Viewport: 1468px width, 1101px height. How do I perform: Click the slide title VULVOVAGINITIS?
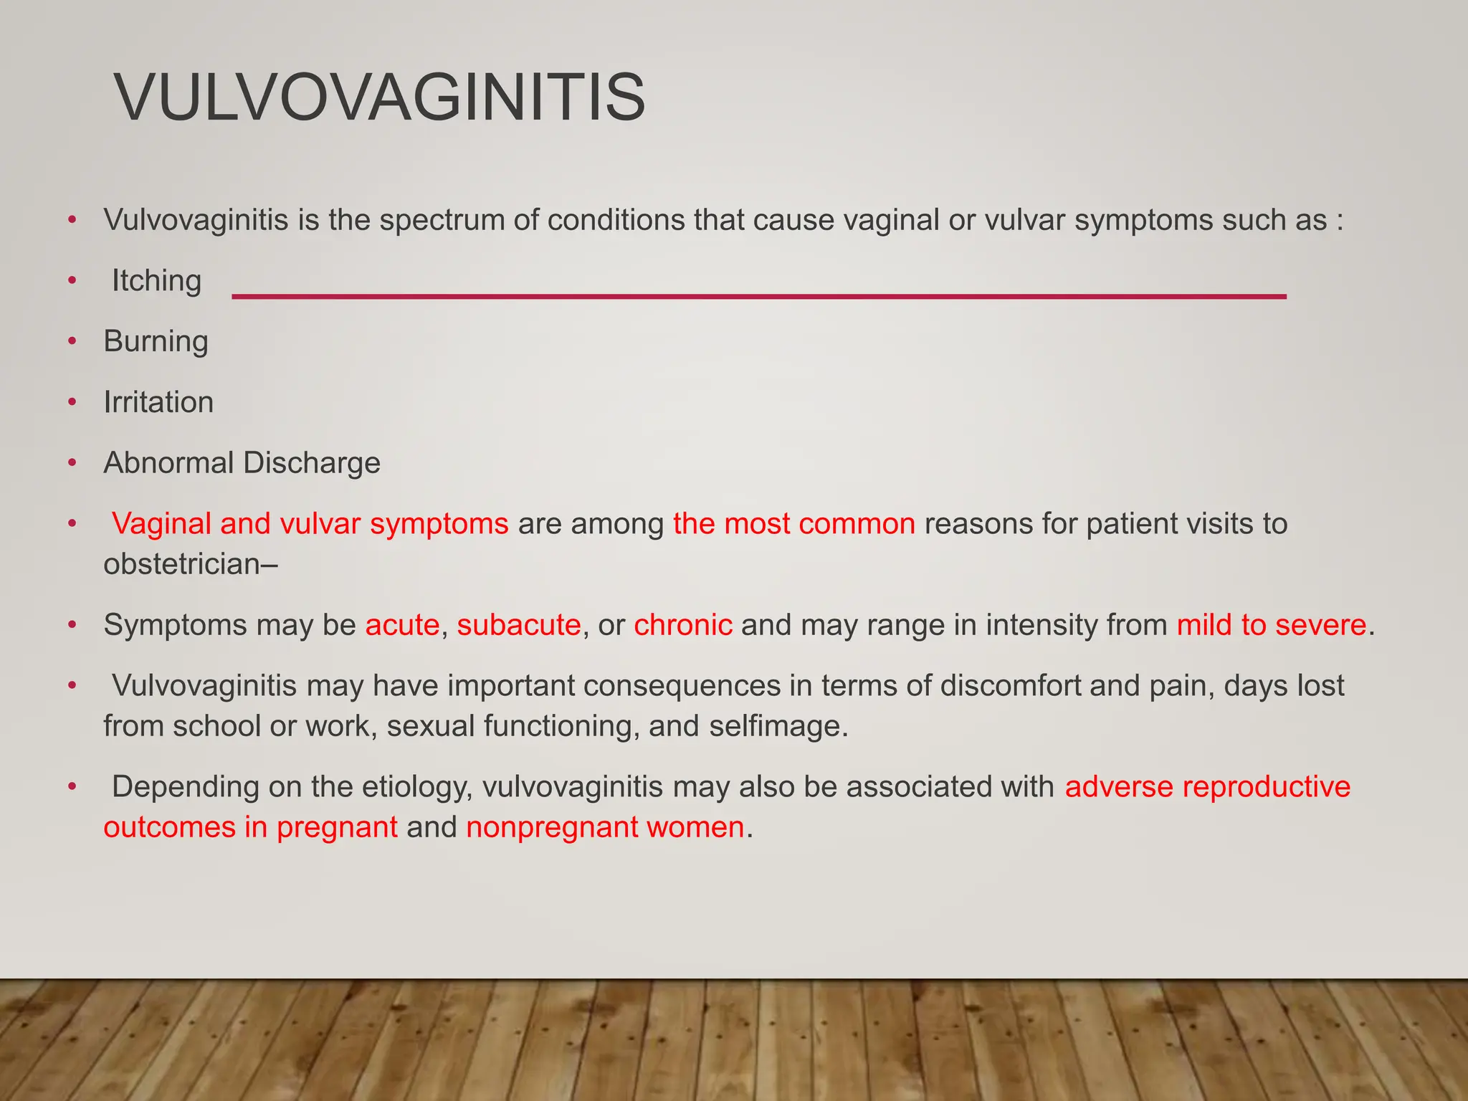tap(380, 97)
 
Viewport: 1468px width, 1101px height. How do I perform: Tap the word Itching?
tap(156, 281)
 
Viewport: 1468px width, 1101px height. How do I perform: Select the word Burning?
tap(156, 342)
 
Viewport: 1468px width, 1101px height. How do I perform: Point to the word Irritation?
tap(158, 402)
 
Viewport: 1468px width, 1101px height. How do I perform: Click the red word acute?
tap(402, 625)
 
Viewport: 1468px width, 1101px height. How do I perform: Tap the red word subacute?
tap(518, 625)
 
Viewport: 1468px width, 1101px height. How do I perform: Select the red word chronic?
tap(682, 625)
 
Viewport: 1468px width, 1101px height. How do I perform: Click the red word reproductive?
tap(1266, 787)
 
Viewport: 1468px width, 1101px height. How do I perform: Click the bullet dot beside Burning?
tap(72, 342)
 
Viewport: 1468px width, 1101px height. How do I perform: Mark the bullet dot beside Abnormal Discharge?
tap(72, 463)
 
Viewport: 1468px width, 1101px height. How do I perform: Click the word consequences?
tap(681, 686)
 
